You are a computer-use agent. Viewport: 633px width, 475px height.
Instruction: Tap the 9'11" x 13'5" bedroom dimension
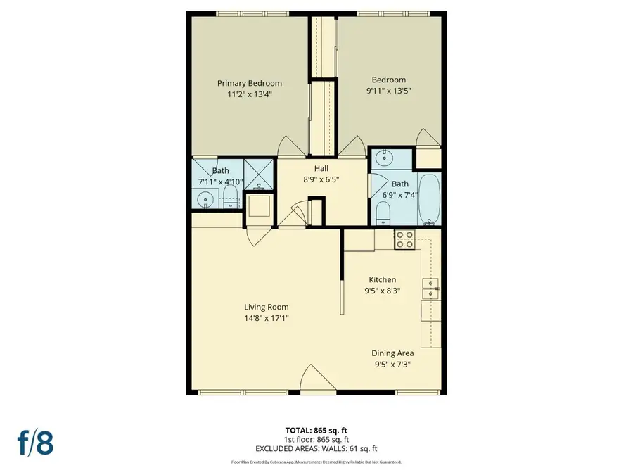pos(388,90)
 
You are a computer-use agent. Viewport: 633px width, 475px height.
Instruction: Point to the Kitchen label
pos(383,279)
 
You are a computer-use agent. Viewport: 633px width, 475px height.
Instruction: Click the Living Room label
pos(266,307)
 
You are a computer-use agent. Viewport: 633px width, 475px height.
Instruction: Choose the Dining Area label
pos(392,353)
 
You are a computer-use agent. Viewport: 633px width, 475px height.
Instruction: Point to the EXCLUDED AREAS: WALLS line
pos(316,448)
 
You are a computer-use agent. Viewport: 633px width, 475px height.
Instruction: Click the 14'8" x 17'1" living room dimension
pos(266,318)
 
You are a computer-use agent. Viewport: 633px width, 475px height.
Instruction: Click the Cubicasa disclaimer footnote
pos(316,462)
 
